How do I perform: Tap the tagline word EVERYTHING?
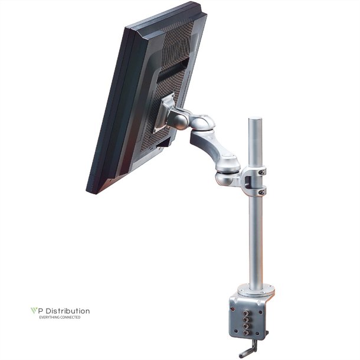(x=49, y=318)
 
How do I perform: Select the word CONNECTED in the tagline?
(x=69, y=318)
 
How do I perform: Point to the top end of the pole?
(x=255, y=120)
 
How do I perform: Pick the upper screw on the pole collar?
(x=262, y=172)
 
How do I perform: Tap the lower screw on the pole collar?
(x=262, y=189)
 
